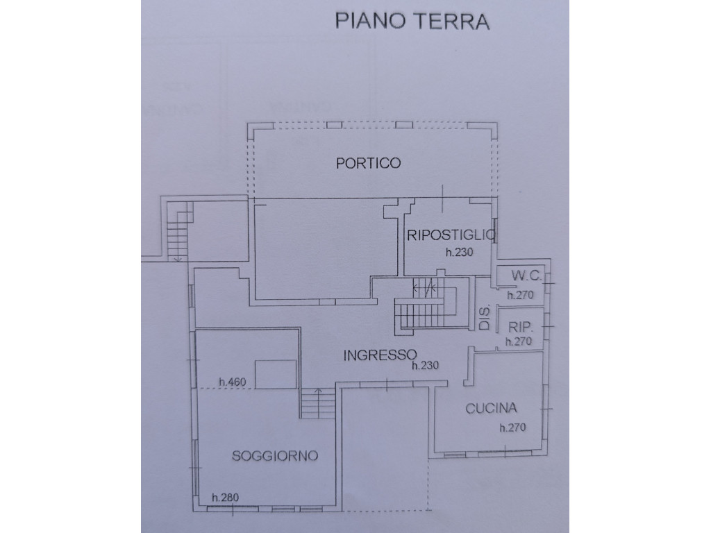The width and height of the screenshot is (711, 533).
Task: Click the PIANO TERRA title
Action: click(412, 22)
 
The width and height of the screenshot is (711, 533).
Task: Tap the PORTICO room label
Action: click(368, 162)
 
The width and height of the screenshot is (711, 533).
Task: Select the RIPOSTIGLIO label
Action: click(451, 235)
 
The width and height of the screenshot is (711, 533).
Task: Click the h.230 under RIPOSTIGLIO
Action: click(460, 252)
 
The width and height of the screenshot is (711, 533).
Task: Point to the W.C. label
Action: click(526, 275)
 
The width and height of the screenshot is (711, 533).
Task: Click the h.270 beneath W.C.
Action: click(520, 295)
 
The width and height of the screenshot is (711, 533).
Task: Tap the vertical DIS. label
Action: click(485, 318)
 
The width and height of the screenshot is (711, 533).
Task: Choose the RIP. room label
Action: click(519, 328)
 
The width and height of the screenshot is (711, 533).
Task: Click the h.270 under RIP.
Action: click(519, 341)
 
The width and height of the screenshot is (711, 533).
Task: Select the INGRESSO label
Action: click(380, 355)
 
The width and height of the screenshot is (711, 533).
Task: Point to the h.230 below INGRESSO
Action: click(426, 365)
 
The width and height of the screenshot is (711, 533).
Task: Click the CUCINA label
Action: click(491, 408)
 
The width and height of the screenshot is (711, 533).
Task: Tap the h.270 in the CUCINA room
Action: click(513, 428)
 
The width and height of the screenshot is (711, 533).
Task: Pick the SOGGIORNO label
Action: click(275, 455)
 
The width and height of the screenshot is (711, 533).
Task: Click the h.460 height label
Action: click(233, 382)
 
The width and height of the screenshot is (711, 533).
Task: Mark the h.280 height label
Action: click(226, 497)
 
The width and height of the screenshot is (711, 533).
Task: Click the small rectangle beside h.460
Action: click(276, 374)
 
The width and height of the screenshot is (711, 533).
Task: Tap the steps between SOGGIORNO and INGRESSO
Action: click(318, 403)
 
